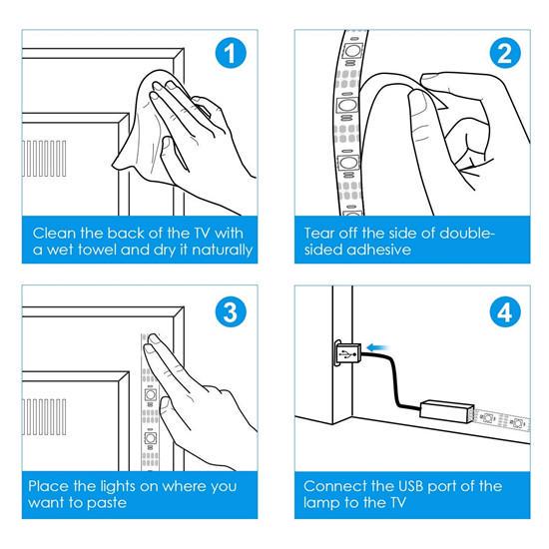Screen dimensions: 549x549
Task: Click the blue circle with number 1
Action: tap(231, 53)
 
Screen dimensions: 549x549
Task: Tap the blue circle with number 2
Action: tap(504, 53)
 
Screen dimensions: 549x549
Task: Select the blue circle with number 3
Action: tap(231, 312)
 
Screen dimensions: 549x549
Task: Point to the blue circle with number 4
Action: tap(504, 312)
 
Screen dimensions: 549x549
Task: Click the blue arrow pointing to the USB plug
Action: tap(377, 347)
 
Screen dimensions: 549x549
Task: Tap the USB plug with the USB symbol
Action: tap(347, 354)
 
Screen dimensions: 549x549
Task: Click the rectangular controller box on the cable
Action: tap(447, 411)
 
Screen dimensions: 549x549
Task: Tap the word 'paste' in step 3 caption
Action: tap(107, 503)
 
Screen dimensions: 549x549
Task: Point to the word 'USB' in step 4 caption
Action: tap(410, 486)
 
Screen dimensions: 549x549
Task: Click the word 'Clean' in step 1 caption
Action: tap(54, 234)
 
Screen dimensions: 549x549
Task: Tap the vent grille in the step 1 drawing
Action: tap(44, 159)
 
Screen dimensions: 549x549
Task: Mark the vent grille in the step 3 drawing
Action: tap(44, 416)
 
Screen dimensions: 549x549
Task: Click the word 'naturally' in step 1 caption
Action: tap(222, 251)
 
